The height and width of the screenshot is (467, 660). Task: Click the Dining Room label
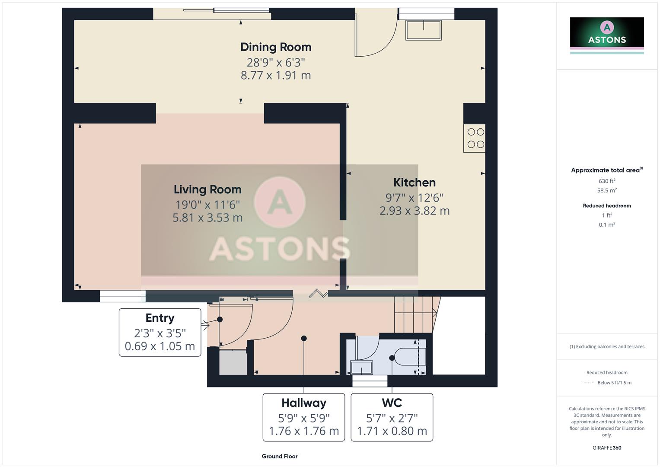276,47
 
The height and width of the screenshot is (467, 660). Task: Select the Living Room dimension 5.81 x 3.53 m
207,218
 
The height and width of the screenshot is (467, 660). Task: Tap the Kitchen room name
414,182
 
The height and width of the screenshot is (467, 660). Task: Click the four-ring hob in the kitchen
475,138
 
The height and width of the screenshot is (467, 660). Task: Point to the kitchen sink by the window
423,30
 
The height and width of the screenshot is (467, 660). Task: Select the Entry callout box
160,332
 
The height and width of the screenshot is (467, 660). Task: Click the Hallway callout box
304,417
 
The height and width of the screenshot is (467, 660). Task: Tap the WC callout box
392,417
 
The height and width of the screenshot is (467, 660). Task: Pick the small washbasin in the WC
361,368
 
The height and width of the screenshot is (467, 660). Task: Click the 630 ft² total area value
607,181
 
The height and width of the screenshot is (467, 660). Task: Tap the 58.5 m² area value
607,190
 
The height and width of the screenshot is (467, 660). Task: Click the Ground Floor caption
280,456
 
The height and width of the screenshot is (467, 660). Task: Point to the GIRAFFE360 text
607,448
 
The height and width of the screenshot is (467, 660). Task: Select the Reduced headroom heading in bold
607,206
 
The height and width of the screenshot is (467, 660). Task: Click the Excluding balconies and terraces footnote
607,346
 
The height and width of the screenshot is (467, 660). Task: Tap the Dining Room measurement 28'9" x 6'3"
276,62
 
